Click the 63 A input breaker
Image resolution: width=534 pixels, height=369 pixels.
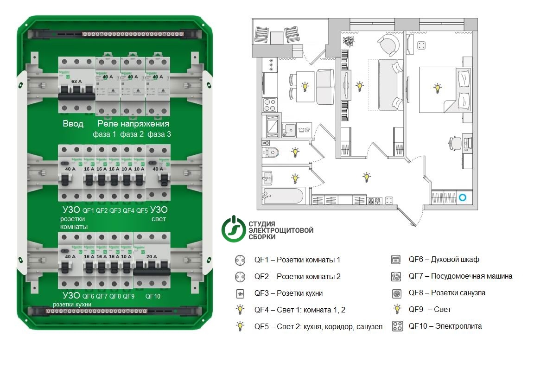76,86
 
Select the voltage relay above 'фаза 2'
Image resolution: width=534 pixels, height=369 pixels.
133,86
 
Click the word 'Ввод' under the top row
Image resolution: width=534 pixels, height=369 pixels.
73,124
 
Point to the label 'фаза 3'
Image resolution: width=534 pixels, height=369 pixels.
159,134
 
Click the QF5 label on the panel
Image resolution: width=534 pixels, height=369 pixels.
142,210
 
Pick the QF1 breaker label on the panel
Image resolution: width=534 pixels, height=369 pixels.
88,210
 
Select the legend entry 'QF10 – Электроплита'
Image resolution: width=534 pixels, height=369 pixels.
445,326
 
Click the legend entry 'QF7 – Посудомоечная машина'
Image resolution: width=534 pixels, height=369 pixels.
460,276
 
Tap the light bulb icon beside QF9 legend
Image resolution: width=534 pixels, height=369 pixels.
397,309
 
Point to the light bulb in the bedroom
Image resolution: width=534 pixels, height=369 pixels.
437,88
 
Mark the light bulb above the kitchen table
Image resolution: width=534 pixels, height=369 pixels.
305,86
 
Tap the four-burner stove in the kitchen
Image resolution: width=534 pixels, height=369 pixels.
269,104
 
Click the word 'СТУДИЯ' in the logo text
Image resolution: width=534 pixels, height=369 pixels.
262,223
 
